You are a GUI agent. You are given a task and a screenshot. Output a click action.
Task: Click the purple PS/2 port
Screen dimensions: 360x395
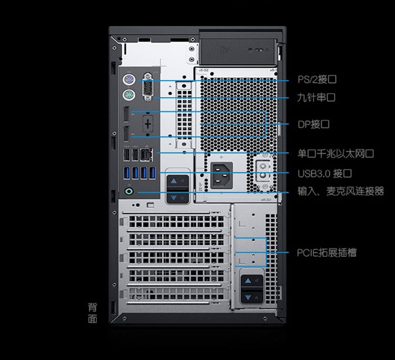127,81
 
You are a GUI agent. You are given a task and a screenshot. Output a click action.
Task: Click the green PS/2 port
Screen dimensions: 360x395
127,96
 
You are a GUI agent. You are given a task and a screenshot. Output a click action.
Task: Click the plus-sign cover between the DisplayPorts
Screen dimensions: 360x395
147,124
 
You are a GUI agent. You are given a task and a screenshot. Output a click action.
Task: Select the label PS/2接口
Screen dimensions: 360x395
317,80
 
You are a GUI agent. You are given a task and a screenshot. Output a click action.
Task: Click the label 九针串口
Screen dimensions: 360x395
317,97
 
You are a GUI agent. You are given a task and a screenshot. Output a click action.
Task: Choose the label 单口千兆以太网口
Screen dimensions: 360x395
335,154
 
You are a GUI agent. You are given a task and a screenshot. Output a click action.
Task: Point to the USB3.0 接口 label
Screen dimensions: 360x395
324,173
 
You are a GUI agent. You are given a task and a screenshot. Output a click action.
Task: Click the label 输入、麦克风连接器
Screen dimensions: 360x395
340,192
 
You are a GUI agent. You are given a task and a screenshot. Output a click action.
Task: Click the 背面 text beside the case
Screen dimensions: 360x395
93,312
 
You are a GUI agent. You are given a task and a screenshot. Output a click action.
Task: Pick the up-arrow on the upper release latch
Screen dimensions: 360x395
174,181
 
